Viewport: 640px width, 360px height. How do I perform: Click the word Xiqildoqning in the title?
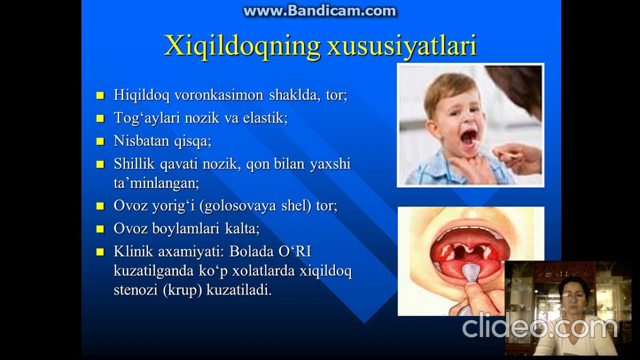(x=242, y=46)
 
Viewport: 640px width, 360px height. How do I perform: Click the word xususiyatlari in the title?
(x=401, y=46)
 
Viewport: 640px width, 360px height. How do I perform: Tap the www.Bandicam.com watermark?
(x=319, y=11)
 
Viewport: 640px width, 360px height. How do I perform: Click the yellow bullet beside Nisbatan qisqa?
(x=100, y=141)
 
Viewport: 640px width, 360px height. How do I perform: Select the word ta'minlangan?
(x=156, y=183)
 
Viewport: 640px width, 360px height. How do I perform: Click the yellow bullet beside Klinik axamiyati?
(x=100, y=251)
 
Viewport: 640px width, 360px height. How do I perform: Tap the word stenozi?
(x=135, y=290)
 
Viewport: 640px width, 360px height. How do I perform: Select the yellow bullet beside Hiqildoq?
(x=100, y=95)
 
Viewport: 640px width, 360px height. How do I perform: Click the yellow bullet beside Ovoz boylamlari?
(x=100, y=229)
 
